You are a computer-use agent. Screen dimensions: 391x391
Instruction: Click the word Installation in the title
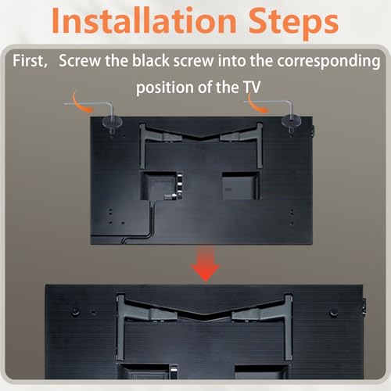tap(144, 20)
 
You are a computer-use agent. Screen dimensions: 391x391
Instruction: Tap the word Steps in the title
tap(293, 23)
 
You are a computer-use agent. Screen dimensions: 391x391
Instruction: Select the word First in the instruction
tap(30, 61)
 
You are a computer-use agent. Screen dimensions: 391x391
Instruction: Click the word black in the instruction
tap(151, 60)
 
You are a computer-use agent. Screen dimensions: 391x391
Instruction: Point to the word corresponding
tap(328, 62)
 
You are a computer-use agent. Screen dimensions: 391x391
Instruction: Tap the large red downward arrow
tap(206, 264)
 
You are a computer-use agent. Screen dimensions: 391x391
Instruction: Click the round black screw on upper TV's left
tap(112, 122)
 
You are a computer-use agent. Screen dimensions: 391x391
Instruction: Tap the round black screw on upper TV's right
tap(292, 121)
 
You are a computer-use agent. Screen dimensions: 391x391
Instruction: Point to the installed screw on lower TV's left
tap(75, 311)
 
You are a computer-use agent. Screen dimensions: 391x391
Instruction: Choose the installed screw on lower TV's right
tap(334, 312)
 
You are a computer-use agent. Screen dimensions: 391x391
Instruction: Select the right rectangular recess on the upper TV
tap(241, 185)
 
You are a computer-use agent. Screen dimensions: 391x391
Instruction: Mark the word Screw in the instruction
tap(80, 61)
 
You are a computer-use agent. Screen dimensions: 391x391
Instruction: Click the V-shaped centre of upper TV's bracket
tap(200, 137)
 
